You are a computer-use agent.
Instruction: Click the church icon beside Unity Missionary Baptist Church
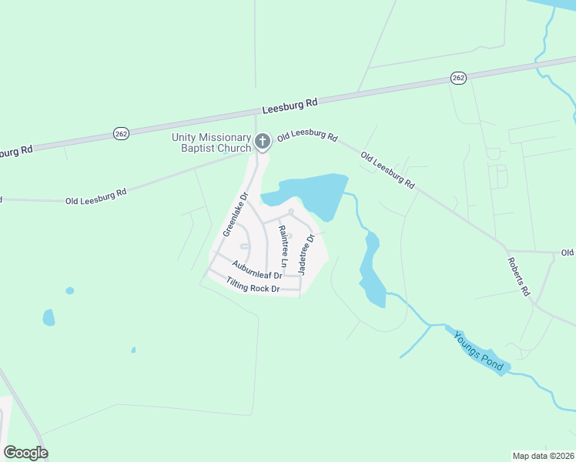(x=262, y=141)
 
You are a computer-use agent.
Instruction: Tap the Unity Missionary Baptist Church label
(x=210, y=142)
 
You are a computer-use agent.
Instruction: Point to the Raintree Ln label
(x=283, y=246)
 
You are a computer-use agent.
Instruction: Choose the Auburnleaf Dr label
(x=256, y=269)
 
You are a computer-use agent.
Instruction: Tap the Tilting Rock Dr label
(x=252, y=285)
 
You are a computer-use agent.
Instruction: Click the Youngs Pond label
(x=479, y=350)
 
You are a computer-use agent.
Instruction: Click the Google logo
(x=25, y=453)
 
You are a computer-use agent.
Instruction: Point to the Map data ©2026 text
(x=543, y=456)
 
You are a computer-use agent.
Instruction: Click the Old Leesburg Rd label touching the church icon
(x=307, y=136)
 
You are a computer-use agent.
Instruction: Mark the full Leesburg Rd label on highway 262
(x=290, y=105)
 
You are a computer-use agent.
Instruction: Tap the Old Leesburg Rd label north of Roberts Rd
(x=389, y=170)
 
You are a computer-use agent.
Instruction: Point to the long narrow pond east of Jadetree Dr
(x=371, y=269)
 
